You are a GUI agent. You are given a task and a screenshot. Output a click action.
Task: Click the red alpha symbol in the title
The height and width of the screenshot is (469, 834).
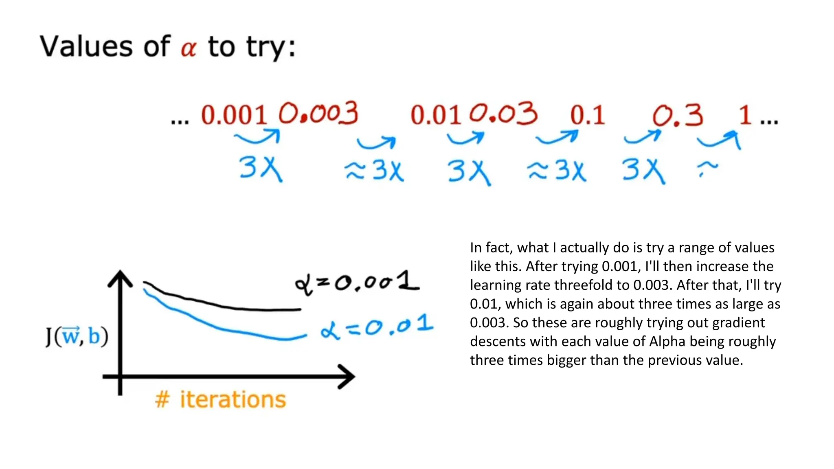(189, 48)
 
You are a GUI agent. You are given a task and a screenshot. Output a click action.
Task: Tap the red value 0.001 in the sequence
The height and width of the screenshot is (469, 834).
(233, 115)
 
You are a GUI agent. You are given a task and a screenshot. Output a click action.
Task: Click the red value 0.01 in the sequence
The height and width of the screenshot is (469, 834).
(435, 115)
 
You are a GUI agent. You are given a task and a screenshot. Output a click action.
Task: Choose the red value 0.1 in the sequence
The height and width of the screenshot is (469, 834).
(587, 115)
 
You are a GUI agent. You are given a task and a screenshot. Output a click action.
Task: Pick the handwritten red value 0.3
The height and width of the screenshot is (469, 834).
(678, 115)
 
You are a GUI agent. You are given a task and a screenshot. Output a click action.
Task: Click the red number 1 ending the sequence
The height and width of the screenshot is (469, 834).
(745, 115)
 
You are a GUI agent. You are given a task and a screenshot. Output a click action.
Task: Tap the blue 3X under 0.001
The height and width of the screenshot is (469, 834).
(260, 168)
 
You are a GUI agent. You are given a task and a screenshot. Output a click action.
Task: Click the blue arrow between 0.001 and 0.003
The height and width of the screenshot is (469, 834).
(258, 137)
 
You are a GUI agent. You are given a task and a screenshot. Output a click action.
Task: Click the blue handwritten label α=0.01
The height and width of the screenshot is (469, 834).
(377, 327)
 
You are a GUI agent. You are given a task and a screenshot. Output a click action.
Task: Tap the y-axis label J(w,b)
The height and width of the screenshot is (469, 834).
(77, 336)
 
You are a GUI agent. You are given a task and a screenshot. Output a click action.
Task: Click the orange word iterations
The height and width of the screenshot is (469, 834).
(233, 399)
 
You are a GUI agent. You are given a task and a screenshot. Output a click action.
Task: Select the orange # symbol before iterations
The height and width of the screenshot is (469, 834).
(162, 399)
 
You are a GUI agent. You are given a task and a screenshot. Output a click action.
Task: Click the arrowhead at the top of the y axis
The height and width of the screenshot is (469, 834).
(120, 278)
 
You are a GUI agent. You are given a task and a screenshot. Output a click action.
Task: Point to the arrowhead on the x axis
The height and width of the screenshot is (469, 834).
(347, 377)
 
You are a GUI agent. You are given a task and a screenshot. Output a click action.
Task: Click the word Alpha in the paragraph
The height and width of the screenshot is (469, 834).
(667, 341)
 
